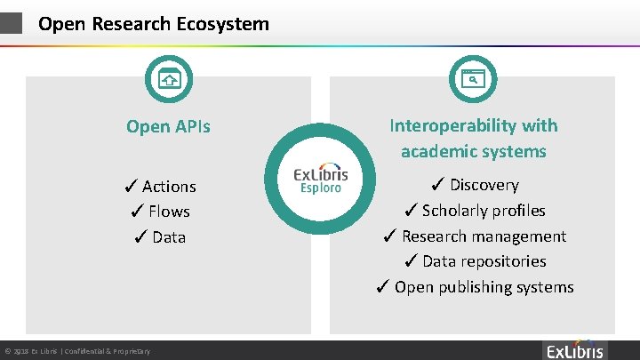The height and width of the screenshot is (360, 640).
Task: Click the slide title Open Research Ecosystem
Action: click(153, 24)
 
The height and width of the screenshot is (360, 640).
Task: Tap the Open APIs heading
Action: click(168, 126)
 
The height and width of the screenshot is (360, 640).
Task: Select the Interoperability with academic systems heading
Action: click(473, 139)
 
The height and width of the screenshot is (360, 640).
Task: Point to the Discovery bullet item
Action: click(473, 185)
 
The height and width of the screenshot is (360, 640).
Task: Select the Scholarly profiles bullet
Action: click(473, 211)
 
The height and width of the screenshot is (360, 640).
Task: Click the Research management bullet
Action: click(473, 236)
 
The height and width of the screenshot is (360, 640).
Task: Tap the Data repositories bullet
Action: click(473, 261)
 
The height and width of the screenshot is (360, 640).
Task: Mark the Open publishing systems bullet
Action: click(473, 287)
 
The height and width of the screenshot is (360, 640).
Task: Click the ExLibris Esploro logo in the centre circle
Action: click(321, 179)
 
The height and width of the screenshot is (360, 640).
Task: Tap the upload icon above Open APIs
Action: click(169, 78)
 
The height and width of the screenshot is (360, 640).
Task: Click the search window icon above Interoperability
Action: click(473, 78)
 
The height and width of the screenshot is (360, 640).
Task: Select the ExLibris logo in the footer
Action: click(574, 349)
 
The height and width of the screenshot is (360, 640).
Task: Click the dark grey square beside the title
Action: click(11, 23)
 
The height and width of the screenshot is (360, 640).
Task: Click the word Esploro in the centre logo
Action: click(321, 188)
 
